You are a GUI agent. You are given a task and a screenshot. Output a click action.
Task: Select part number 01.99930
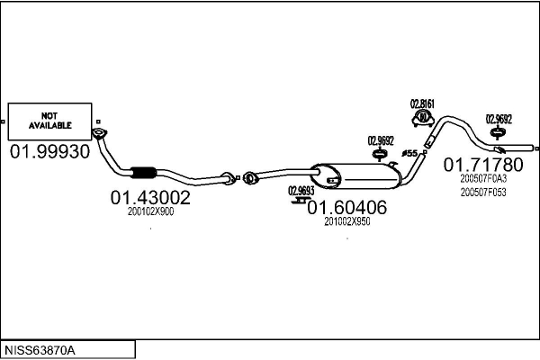(50, 152)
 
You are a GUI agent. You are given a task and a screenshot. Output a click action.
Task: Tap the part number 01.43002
(150, 197)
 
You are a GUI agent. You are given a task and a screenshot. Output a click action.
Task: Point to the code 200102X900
(150, 211)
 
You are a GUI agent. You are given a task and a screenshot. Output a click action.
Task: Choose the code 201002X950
(346, 221)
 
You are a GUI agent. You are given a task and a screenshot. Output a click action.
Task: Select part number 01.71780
(483, 165)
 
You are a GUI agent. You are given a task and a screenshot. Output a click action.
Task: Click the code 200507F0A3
(483, 179)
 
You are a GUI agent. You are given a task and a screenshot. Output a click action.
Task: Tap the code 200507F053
(483, 191)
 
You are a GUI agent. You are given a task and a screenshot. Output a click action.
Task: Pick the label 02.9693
(301, 190)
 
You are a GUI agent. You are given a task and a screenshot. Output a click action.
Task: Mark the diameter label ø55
(409, 154)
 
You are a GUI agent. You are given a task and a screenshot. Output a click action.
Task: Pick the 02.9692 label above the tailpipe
(499, 118)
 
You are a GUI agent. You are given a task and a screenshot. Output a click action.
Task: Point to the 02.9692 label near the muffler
(381, 139)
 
